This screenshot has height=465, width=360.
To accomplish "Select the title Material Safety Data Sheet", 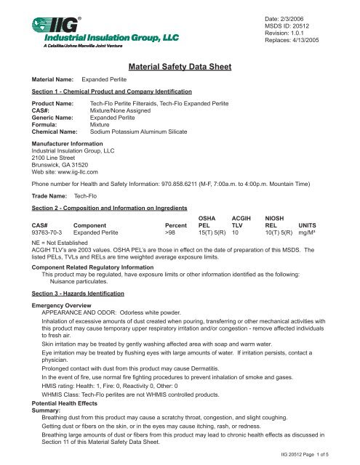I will (180, 68).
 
